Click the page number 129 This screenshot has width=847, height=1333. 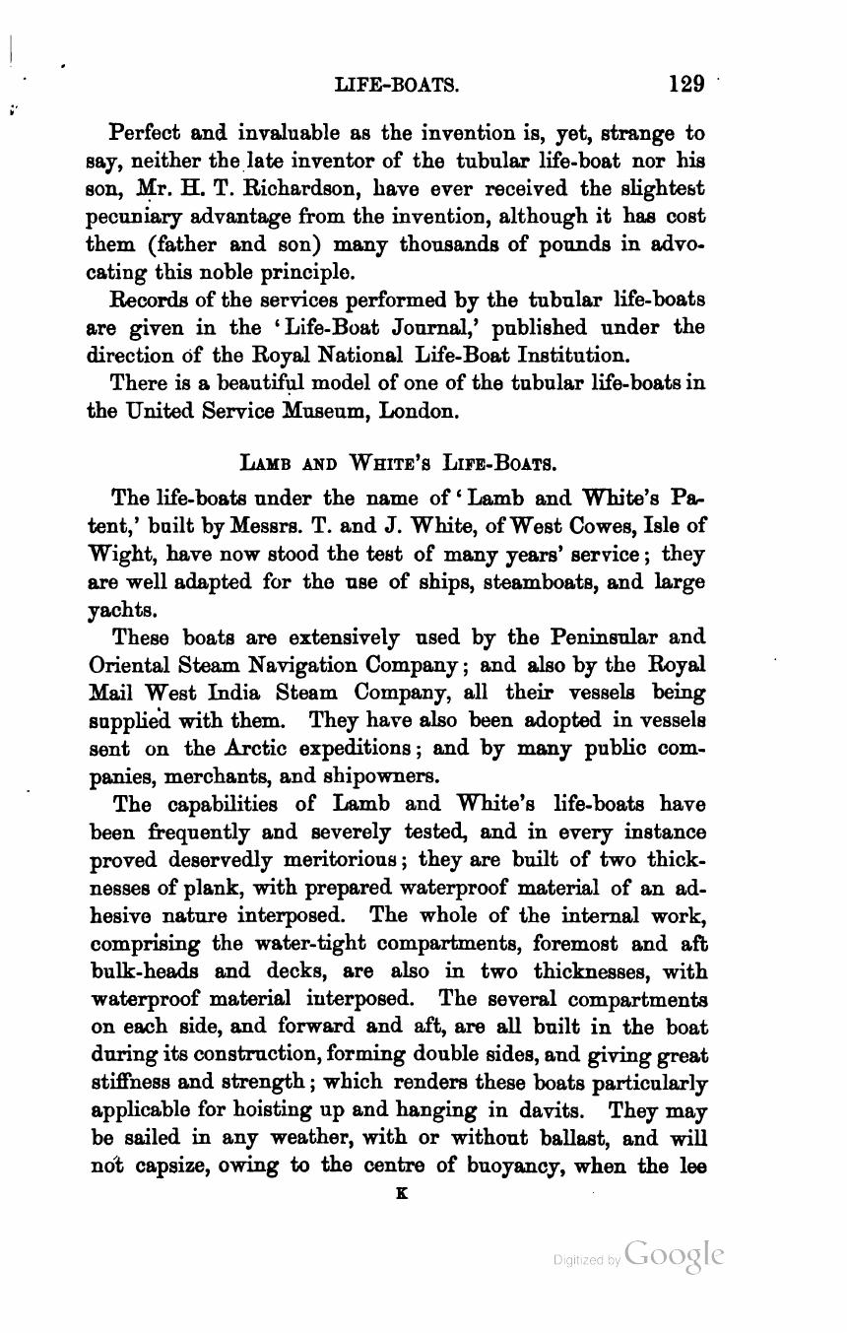tap(686, 84)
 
